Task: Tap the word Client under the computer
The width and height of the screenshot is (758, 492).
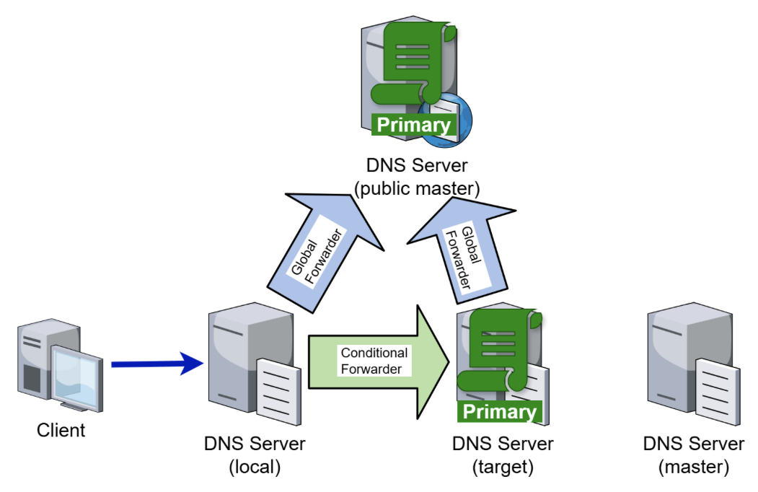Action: click(x=61, y=431)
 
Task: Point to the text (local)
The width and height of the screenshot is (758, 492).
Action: click(x=254, y=467)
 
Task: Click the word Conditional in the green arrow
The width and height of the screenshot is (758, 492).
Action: click(x=374, y=353)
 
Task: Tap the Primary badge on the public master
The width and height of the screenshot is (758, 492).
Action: click(x=414, y=125)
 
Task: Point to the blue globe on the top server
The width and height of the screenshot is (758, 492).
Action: click(x=458, y=115)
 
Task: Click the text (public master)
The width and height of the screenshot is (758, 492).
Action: click(x=417, y=189)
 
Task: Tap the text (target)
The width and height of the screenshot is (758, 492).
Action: click(x=503, y=467)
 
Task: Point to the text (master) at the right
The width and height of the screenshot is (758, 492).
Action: click(x=694, y=467)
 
